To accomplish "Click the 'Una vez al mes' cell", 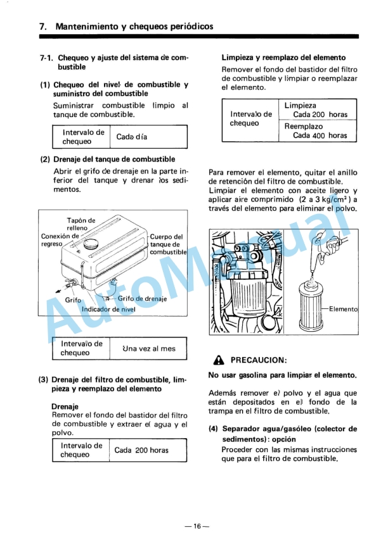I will (x=149, y=348).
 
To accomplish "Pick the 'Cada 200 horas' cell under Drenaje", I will (x=141, y=450).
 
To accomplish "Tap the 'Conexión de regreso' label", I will (x=60, y=239).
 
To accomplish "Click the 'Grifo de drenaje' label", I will (x=142, y=299).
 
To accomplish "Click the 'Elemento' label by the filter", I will (x=343, y=309).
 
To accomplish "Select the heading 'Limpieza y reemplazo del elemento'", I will (x=283, y=57).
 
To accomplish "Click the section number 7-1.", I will (x=46, y=58).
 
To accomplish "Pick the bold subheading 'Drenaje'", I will (x=65, y=405).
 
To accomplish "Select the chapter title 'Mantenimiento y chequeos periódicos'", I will (x=134, y=27).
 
